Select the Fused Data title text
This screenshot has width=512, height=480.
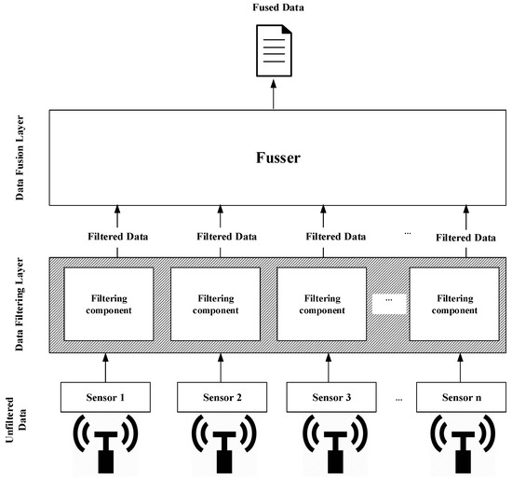(274, 9)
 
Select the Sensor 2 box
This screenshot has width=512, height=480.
(222, 398)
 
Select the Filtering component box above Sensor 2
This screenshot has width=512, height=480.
(222, 303)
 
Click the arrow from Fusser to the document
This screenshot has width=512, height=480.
(274, 94)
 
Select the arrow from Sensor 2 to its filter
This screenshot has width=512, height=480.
(222, 367)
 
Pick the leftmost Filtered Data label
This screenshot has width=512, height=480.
(116, 238)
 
